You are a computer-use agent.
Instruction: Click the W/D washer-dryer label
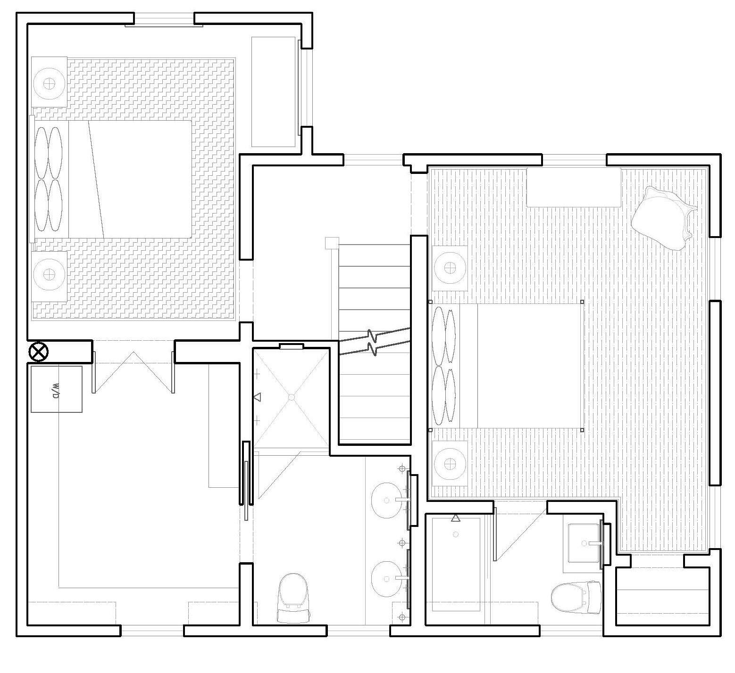(56, 389)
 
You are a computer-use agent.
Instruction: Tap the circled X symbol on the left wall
(39, 352)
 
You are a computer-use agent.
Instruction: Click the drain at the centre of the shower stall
(292, 397)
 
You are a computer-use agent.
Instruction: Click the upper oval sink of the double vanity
(389, 500)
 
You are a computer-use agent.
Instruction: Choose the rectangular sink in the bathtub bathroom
(585, 543)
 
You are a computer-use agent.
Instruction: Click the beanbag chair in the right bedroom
(663, 217)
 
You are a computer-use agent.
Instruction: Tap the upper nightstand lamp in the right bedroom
(450, 267)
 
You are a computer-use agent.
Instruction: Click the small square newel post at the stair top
(331, 243)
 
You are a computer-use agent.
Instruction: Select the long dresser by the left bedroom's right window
(274, 92)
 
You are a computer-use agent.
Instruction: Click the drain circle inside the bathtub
(455, 534)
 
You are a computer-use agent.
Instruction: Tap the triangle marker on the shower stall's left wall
(257, 397)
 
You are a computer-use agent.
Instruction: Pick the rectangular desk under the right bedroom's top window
(573, 187)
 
